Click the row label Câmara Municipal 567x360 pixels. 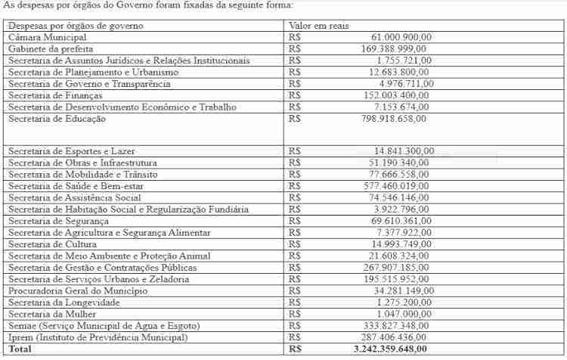coord(48,37)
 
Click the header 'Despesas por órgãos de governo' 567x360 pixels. coord(76,26)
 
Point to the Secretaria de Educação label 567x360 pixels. coord(57,119)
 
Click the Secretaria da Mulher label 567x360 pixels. coord(51,314)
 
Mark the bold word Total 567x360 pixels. coord(20,349)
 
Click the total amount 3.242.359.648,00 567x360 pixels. coord(390,349)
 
